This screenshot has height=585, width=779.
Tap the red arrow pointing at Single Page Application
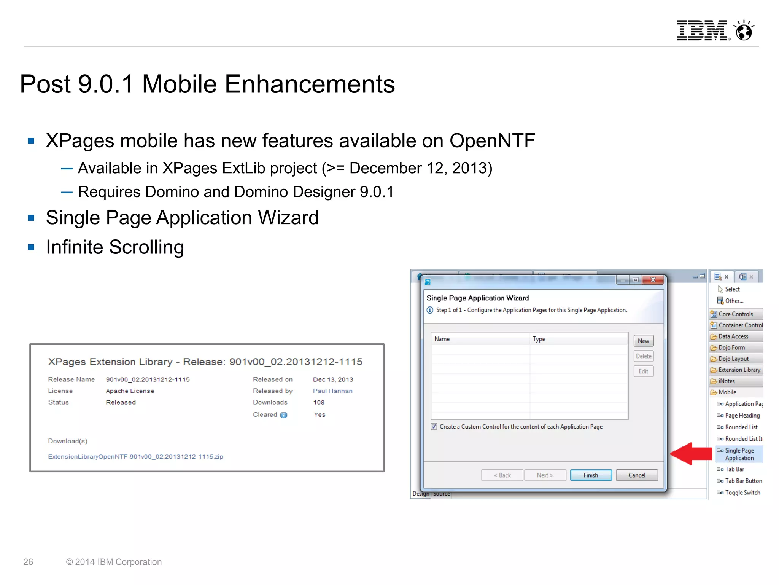click(690, 453)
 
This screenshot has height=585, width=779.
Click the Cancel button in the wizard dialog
click(636, 475)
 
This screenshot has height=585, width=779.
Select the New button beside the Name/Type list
click(643, 341)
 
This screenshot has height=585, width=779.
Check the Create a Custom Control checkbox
click(434, 427)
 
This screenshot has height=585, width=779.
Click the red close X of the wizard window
click(653, 280)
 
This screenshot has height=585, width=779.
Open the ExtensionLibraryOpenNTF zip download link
click(135, 456)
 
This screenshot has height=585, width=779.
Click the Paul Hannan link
click(332, 391)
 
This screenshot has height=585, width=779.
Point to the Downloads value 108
click(319, 402)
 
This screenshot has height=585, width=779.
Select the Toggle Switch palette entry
click(742, 493)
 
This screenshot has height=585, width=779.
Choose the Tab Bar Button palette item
click(743, 481)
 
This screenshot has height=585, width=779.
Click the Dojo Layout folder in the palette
click(733, 359)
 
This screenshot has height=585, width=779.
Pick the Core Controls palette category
click(735, 314)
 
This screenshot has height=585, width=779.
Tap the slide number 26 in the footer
click(28, 562)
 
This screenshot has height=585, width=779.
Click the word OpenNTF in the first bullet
click(492, 141)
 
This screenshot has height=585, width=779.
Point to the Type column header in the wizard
click(539, 339)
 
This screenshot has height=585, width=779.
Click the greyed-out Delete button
click(643, 356)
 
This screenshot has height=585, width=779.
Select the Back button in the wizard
click(502, 475)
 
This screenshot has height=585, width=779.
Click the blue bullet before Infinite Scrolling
click(31, 247)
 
